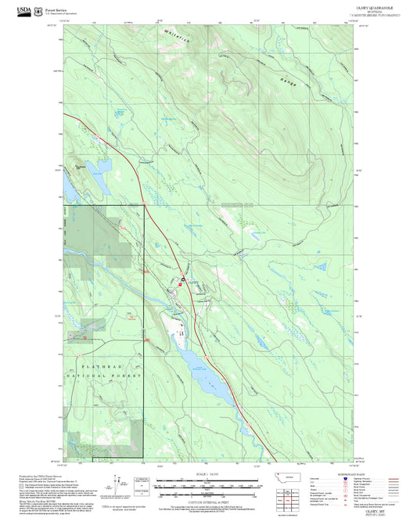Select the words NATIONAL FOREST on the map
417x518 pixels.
[x=109, y=376]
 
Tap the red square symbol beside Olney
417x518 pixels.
[x=181, y=286]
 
